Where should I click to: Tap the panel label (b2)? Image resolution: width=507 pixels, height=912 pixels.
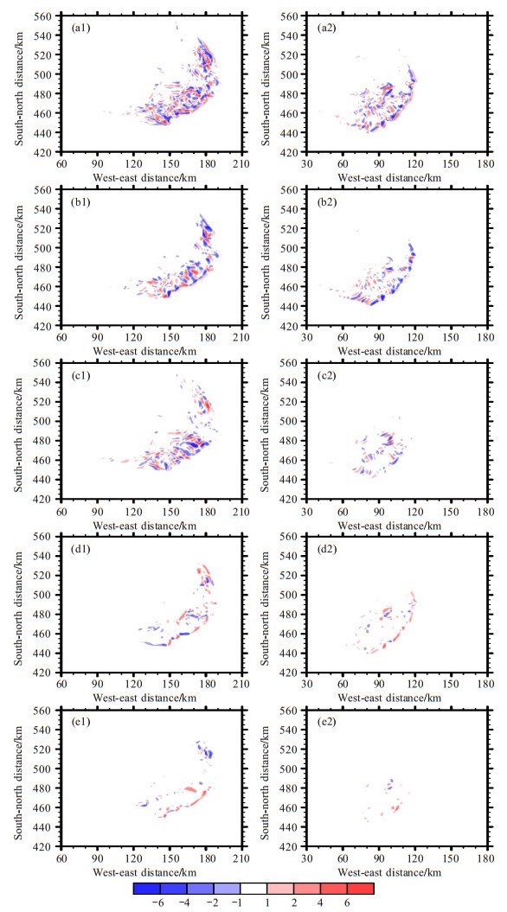click(326, 200)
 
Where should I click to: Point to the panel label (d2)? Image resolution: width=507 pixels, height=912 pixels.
click(326, 546)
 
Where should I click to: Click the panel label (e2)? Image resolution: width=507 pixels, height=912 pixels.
click(326, 719)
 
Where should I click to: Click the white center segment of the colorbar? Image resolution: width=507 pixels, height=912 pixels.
click(253, 888)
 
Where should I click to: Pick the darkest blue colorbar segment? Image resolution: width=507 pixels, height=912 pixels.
click(147, 888)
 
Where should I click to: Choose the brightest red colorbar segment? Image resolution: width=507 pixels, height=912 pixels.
click(360, 888)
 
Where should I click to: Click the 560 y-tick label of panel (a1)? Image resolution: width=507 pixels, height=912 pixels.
click(49, 16)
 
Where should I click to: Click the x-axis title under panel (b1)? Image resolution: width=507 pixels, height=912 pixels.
click(152, 350)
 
